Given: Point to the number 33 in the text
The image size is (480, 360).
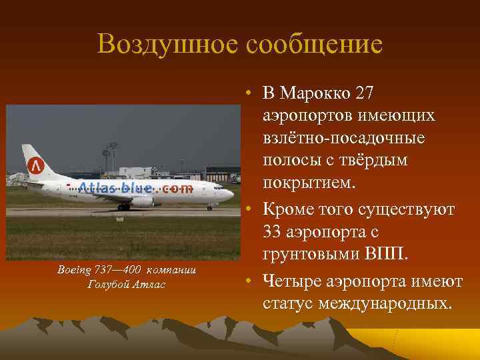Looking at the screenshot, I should (274, 234).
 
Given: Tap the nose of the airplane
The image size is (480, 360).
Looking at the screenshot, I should (230, 195).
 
